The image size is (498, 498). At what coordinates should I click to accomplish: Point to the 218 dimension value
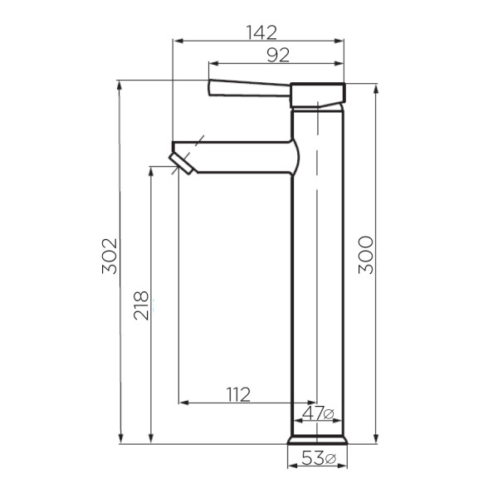pos(140,305)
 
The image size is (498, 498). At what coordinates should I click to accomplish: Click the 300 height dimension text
pos(366,255)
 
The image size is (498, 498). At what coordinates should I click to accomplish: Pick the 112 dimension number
pos(237,393)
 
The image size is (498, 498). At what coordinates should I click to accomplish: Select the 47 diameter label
pos(318,413)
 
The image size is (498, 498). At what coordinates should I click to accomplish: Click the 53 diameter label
pos(318,458)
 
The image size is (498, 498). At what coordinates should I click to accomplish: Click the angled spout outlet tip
pos(182,162)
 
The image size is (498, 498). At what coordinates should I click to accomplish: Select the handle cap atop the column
pos(317,95)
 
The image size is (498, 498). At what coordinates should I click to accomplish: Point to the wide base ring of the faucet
pos(317,439)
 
